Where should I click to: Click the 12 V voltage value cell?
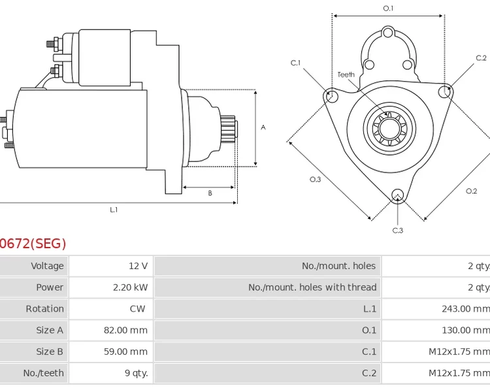tap(138, 266)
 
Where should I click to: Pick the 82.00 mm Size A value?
tap(125, 331)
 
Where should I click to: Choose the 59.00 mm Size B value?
tap(125, 352)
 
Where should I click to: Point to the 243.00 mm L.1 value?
tap(465, 309)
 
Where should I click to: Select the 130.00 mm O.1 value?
tap(465, 331)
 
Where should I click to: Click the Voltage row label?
tap(47, 266)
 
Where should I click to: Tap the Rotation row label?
tap(44, 309)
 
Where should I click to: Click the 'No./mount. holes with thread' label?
tap(312, 287)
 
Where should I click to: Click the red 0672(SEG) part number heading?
tap(33, 244)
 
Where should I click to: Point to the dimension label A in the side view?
tap(263, 127)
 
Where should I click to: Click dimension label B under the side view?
tap(210, 193)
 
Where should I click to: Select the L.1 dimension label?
tap(114, 210)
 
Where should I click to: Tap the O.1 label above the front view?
tap(388, 8)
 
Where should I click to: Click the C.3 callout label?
tap(397, 231)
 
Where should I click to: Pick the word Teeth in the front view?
tap(346, 74)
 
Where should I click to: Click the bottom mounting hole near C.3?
tap(397, 194)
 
